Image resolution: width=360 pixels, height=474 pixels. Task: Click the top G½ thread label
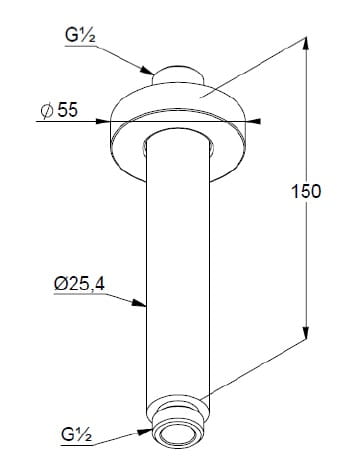80,35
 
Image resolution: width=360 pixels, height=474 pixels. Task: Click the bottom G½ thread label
76,434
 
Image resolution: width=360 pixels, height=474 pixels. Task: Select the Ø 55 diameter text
60,110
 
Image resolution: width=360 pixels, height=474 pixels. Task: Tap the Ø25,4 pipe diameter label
79,284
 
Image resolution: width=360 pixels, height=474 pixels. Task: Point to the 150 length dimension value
306,192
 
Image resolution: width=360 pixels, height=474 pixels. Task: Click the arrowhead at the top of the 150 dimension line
306,46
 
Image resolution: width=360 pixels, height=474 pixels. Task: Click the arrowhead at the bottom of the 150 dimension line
306,332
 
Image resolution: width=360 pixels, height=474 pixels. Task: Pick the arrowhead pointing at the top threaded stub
147,70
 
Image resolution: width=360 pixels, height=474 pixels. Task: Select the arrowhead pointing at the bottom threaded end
145,431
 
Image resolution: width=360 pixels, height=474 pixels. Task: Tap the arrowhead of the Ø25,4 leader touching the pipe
139,303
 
